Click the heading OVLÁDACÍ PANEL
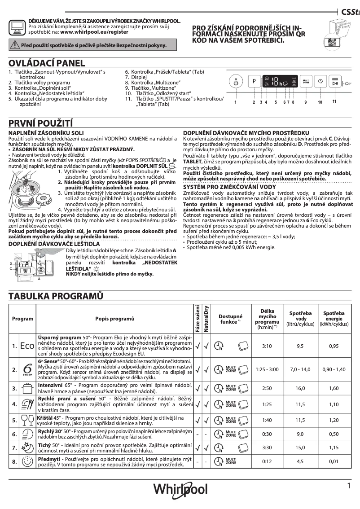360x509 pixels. coord(47,63)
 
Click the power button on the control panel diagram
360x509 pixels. coord(236,83)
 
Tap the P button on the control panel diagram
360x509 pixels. coord(254,82)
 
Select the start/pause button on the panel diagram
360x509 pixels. coord(334,83)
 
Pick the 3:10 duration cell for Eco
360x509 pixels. coord(267,346)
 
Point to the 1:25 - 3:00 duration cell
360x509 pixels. coord(267,369)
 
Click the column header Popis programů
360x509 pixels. coord(115,318)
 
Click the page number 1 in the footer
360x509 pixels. coord(348,485)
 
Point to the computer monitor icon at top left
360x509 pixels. coord(17,28)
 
